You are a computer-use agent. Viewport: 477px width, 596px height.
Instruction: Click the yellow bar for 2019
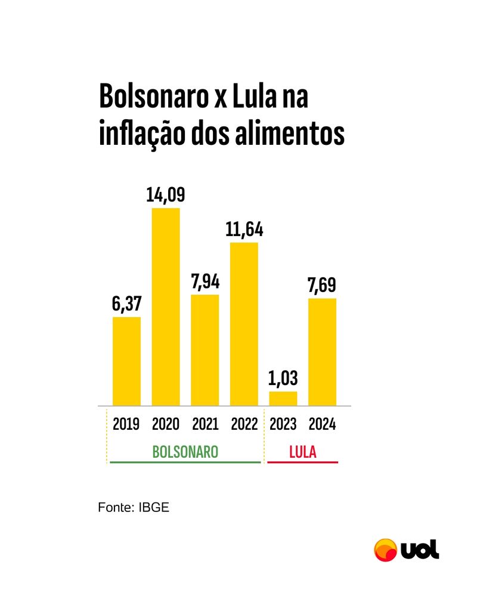(x=127, y=361)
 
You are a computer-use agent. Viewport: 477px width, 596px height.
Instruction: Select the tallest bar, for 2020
(x=166, y=307)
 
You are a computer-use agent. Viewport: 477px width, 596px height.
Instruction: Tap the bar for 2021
(x=205, y=350)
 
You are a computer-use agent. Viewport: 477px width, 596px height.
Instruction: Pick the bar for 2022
(x=244, y=324)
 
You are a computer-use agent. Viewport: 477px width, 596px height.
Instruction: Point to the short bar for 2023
(x=283, y=398)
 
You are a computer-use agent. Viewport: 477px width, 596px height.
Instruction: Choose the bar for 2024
(x=322, y=352)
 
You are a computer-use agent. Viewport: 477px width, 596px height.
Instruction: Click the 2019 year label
(x=126, y=424)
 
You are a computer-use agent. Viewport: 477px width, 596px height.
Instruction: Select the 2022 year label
(x=244, y=424)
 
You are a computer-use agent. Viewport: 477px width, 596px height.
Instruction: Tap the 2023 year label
(x=283, y=424)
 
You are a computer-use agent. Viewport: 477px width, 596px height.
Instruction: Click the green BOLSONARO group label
(x=185, y=451)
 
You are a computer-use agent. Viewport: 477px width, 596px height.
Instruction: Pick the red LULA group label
(x=302, y=451)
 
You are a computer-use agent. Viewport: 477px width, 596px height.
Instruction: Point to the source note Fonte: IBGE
(x=134, y=508)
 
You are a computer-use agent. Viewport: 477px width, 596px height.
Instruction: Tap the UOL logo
(x=406, y=549)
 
